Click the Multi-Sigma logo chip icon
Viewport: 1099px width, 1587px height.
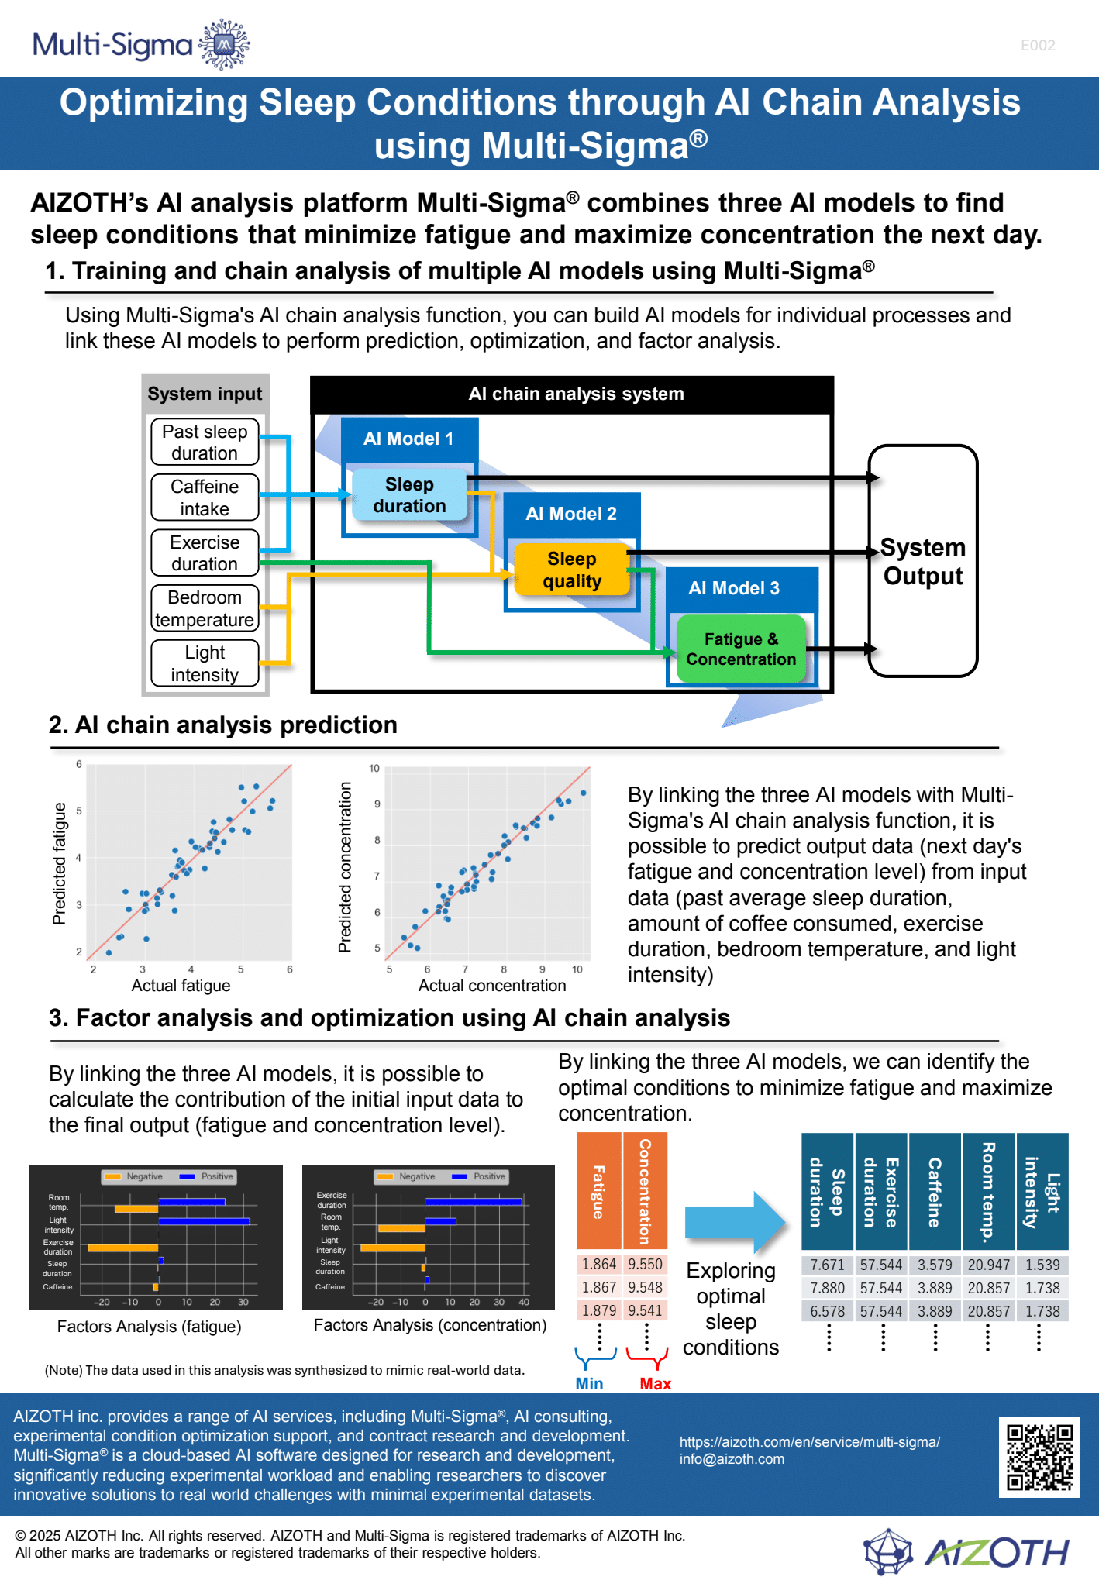click(x=224, y=45)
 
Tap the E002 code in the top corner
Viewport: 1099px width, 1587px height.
click(x=1038, y=46)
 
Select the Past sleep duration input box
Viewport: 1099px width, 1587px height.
click(x=205, y=442)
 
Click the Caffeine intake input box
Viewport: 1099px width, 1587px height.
click(x=205, y=497)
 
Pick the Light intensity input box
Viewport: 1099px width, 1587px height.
click(x=205, y=663)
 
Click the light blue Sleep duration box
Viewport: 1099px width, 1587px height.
click(x=410, y=494)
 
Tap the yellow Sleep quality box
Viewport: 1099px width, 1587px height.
click(x=572, y=570)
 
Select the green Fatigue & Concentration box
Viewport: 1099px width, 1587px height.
click(x=742, y=649)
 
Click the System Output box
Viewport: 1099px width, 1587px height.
click(x=923, y=561)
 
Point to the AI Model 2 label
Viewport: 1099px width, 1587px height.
click(x=571, y=514)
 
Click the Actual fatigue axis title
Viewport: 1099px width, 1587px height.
click(x=181, y=986)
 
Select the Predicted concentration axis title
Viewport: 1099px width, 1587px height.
click(x=345, y=867)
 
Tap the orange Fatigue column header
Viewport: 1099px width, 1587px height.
click(x=599, y=1191)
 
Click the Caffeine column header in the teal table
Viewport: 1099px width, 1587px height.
click(x=935, y=1192)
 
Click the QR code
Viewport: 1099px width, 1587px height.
click(x=1039, y=1458)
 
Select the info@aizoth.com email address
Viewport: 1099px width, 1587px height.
click(x=732, y=1459)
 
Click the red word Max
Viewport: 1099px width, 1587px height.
click(x=656, y=1384)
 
